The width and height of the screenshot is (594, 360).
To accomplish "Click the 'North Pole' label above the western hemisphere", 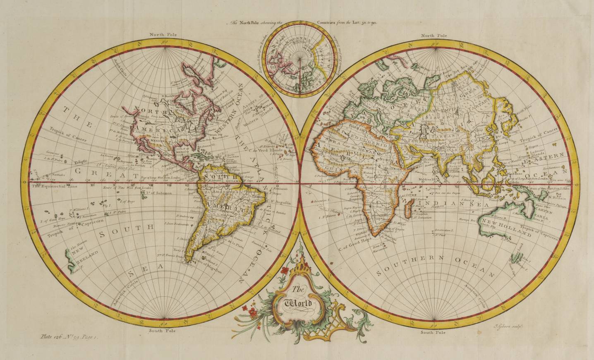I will pyautogui.click(x=163, y=35).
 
